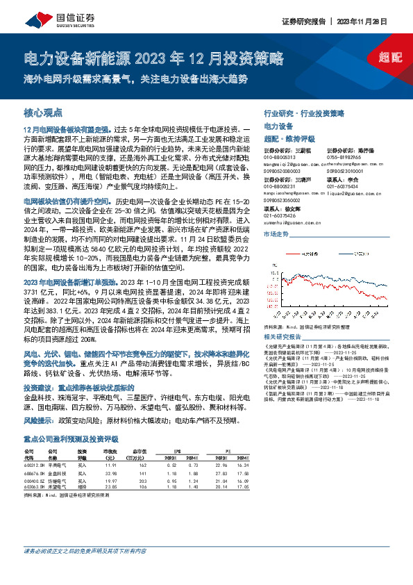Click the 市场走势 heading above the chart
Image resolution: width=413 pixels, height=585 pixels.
[x=277, y=236]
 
